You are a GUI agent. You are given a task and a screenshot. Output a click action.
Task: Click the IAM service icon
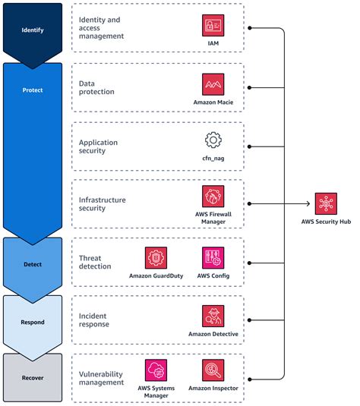tap(213, 25)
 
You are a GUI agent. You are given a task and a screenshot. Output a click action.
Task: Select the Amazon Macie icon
tap(213, 83)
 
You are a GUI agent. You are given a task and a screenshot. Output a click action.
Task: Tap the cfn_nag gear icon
tap(213, 140)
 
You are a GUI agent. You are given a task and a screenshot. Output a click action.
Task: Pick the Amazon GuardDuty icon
tap(156, 257)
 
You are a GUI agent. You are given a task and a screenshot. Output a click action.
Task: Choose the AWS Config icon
tap(213, 257)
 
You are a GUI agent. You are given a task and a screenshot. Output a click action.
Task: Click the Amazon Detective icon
tap(213, 316)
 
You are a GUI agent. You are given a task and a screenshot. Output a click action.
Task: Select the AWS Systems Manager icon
tap(156, 370)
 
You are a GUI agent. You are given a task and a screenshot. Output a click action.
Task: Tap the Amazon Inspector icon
tap(213, 370)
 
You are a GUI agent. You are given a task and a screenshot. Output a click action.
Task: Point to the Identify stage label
tap(33, 30)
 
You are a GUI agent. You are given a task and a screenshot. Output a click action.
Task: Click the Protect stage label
tap(33, 89)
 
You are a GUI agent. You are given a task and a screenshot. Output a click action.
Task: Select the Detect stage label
tap(33, 263)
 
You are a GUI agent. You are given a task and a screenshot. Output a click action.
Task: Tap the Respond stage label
tap(33, 322)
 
